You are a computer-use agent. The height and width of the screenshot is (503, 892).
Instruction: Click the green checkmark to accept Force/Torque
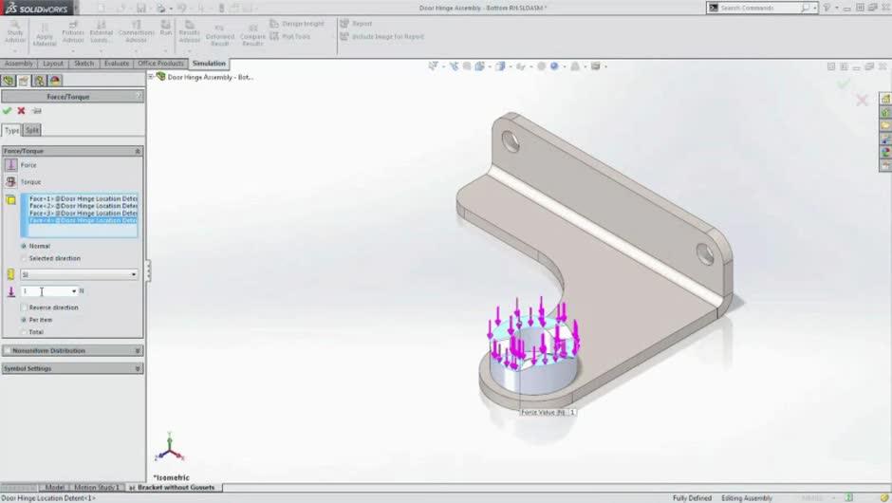click(x=8, y=111)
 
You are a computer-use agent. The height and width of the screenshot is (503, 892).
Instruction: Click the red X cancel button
click(x=21, y=111)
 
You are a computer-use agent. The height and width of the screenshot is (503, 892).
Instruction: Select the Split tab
click(x=32, y=130)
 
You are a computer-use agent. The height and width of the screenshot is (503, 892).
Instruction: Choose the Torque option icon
click(x=11, y=181)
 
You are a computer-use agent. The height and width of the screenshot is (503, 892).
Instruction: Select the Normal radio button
click(x=24, y=246)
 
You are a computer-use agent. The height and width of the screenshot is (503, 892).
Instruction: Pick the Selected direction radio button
click(x=24, y=258)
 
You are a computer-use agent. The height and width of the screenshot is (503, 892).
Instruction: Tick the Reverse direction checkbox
click(x=24, y=307)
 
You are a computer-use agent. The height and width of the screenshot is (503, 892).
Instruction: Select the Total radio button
click(x=24, y=332)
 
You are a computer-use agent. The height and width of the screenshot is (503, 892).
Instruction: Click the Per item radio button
click(x=24, y=320)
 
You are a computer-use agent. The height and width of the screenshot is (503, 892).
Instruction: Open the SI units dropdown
click(x=80, y=274)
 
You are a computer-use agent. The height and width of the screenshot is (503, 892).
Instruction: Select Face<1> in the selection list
click(x=83, y=198)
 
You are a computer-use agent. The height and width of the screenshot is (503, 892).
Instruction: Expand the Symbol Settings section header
click(x=71, y=368)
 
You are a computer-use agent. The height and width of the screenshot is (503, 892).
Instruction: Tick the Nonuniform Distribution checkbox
click(x=8, y=350)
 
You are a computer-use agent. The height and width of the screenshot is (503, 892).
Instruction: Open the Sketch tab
click(x=84, y=64)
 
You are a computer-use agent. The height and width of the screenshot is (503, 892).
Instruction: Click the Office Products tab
click(x=160, y=64)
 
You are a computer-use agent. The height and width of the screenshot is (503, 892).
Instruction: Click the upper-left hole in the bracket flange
click(x=511, y=142)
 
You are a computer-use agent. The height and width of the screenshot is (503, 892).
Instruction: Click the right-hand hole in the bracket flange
click(x=705, y=253)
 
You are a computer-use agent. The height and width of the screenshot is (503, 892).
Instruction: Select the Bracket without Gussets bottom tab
click(x=176, y=487)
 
